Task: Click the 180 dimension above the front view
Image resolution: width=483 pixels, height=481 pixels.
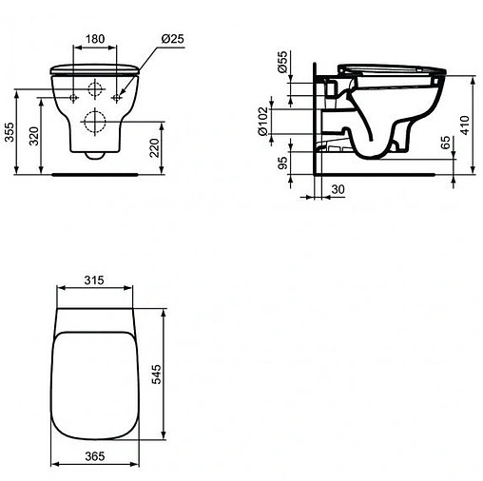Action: (94, 40)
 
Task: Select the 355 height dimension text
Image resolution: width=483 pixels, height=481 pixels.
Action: (10, 132)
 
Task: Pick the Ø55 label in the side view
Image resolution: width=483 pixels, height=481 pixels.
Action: (282, 65)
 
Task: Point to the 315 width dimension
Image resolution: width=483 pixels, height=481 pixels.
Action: (92, 282)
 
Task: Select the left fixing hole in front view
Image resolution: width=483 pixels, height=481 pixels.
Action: (73, 96)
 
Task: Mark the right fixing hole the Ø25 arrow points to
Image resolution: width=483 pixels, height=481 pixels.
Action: (116, 96)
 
